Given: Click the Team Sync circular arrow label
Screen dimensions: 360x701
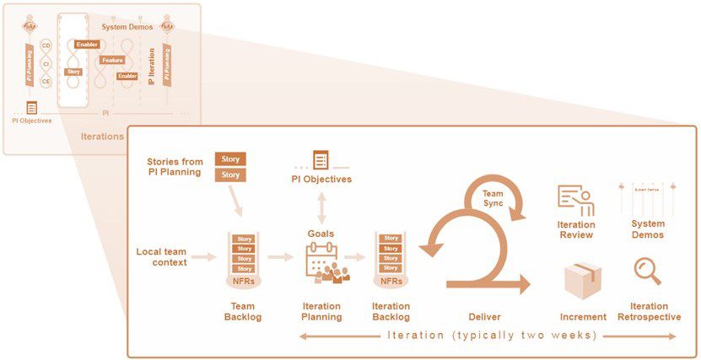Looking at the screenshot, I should (x=493, y=198).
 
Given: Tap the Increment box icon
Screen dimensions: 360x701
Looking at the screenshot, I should (x=583, y=278).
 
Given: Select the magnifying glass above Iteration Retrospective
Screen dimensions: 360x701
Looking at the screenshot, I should (x=648, y=271).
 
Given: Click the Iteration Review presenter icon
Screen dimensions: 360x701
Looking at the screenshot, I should (x=576, y=198).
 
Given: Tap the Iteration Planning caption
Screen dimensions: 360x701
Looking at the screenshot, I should (x=321, y=312).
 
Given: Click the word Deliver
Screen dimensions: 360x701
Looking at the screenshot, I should (x=484, y=317).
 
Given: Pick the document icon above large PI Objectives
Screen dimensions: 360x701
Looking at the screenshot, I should (x=321, y=160).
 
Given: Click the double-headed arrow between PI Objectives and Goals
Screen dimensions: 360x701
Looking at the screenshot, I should (x=321, y=207).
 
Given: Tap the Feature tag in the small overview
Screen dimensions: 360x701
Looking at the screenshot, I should (x=112, y=60).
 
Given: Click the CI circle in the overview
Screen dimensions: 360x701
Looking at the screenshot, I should (x=46, y=62).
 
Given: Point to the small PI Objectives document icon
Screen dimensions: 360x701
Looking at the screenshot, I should (x=31, y=107).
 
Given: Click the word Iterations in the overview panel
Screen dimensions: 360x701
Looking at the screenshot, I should (x=100, y=136).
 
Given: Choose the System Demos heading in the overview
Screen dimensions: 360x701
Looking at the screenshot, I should (x=127, y=26).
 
